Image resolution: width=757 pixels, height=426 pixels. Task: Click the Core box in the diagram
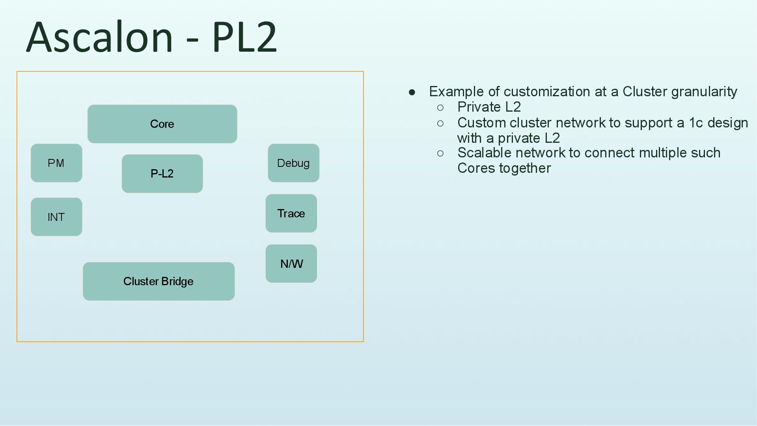point(162,124)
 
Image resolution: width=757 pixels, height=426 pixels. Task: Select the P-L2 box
point(162,174)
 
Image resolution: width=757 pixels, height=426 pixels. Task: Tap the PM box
point(56,163)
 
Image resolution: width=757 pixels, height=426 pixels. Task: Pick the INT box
point(56,217)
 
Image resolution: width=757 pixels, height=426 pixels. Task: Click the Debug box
point(293,163)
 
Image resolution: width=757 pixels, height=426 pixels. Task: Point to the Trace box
point(291,213)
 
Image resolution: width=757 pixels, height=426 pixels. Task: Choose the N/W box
point(291,263)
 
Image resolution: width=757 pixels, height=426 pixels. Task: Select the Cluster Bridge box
point(158,281)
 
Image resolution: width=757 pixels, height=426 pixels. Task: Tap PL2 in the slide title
point(244,37)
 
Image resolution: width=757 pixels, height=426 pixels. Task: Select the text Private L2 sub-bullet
point(489,107)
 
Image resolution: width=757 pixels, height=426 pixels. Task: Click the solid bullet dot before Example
point(412,92)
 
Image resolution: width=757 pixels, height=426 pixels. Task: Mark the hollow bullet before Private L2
point(440,108)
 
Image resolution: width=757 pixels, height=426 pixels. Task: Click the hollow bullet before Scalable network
point(440,153)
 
